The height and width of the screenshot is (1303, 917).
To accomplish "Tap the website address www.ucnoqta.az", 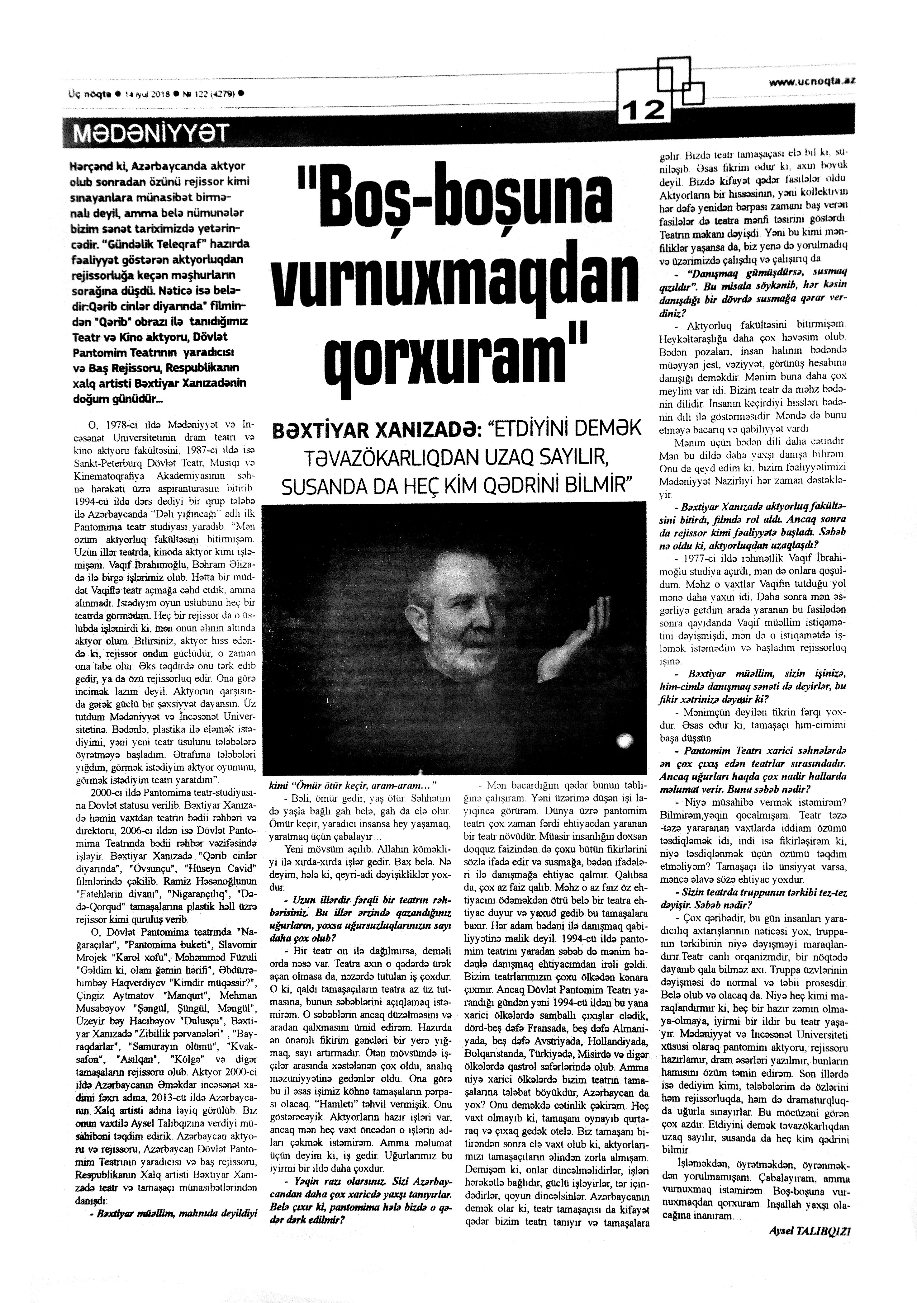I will tap(812, 82).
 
